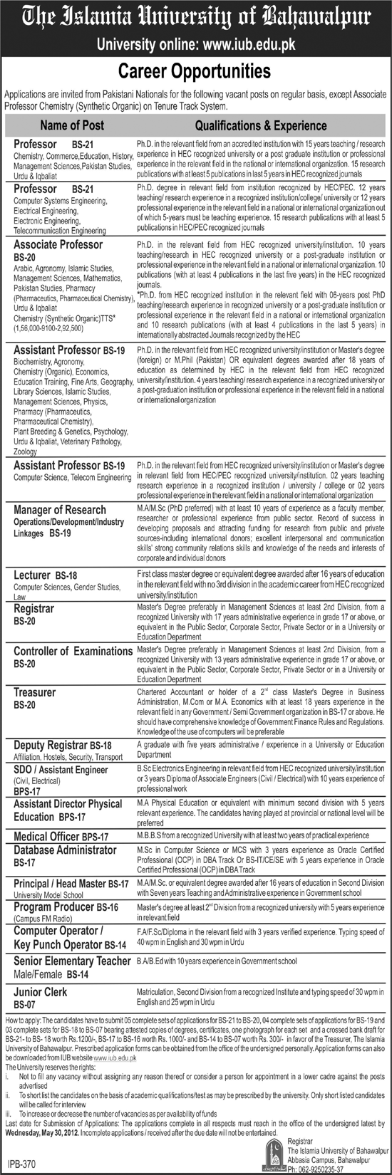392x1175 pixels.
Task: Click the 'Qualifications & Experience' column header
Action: [x=261, y=125]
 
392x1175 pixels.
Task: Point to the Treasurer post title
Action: [x=34, y=692]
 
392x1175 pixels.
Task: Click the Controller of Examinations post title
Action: [x=73, y=651]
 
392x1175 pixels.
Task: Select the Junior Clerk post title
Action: [x=41, y=992]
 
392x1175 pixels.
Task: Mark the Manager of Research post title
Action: [x=60, y=510]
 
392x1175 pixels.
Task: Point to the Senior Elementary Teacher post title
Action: [x=72, y=961]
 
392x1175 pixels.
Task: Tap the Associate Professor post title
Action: [x=58, y=244]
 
